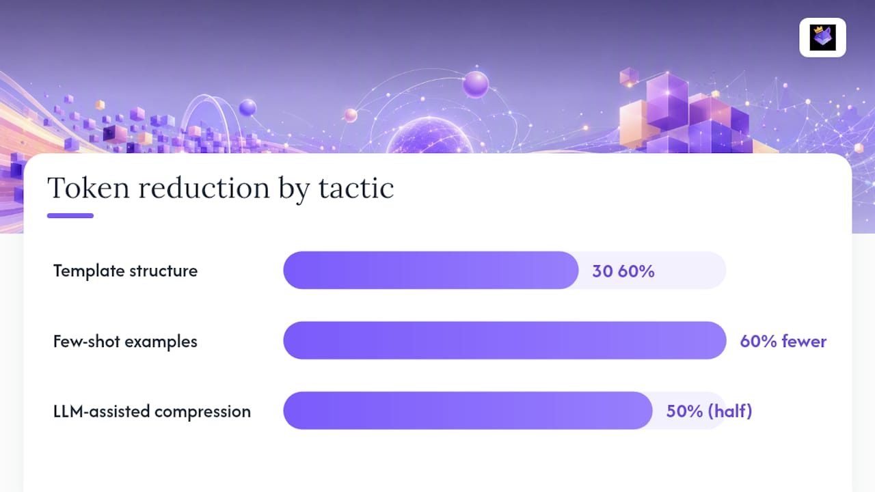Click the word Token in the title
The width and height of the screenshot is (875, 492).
point(88,188)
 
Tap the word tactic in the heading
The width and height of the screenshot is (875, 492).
point(356,188)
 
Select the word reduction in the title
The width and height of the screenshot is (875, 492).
point(204,188)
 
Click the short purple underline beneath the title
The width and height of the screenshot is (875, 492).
point(70,215)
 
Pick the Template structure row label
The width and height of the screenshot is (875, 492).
point(125,271)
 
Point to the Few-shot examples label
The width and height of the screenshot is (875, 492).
point(125,341)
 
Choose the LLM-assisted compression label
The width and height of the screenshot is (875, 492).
point(152,411)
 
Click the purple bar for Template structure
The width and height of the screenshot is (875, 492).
point(431,270)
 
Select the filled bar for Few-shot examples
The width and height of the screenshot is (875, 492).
point(504,340)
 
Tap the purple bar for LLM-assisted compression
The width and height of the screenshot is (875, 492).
point(468,411)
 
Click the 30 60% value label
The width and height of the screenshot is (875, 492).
point(623,271)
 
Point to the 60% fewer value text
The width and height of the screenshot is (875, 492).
point(783,341)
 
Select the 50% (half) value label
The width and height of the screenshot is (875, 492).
point(709,411)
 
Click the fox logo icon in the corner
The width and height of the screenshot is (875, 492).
point(822,38)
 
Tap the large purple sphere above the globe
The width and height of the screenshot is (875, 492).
point(475,84)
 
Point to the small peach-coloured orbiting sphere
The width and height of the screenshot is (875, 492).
point(351,115)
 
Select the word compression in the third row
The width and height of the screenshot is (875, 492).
point(203,412)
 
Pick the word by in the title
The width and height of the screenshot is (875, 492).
point(294,189)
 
